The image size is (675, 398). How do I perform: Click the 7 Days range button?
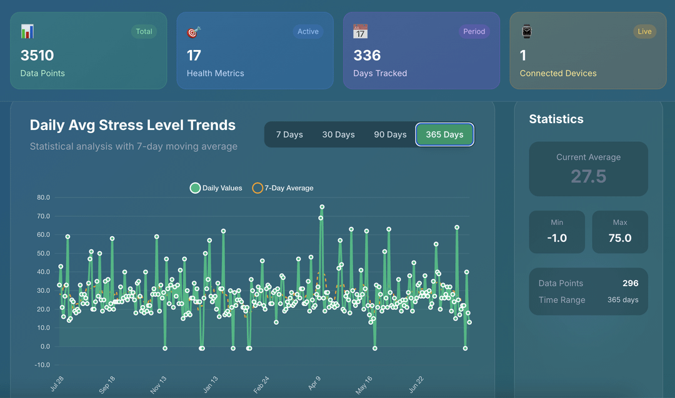coord(289,135)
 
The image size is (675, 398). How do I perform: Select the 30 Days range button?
coord(338,135)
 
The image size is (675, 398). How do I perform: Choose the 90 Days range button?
coord(390,135)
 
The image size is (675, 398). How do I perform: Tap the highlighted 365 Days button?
coord(445,135)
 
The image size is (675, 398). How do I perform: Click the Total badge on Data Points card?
coord(144,31)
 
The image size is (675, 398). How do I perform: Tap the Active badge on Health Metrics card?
coord(307,31)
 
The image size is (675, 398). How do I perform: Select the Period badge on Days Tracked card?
coord(474,31)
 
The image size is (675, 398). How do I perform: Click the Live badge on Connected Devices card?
coord(644,31)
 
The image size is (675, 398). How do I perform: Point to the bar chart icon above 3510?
coord(27,31)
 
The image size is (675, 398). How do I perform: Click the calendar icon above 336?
coord(361,31)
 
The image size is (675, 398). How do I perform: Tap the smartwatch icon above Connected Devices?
coord(526,31)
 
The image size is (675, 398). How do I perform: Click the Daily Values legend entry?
coord(216,188)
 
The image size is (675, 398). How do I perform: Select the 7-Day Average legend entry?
coord(283,188)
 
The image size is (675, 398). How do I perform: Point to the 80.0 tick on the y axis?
coord(44,197)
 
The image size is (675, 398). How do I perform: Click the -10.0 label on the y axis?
coord(42,365)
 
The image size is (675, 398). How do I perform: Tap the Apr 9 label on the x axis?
coord(314,383)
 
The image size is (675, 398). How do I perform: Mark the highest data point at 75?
coord(322,207)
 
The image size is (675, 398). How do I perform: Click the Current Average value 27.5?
coord(589,176)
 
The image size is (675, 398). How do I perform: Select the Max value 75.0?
coord(620,238)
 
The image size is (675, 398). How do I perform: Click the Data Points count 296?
coord(630,283)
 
